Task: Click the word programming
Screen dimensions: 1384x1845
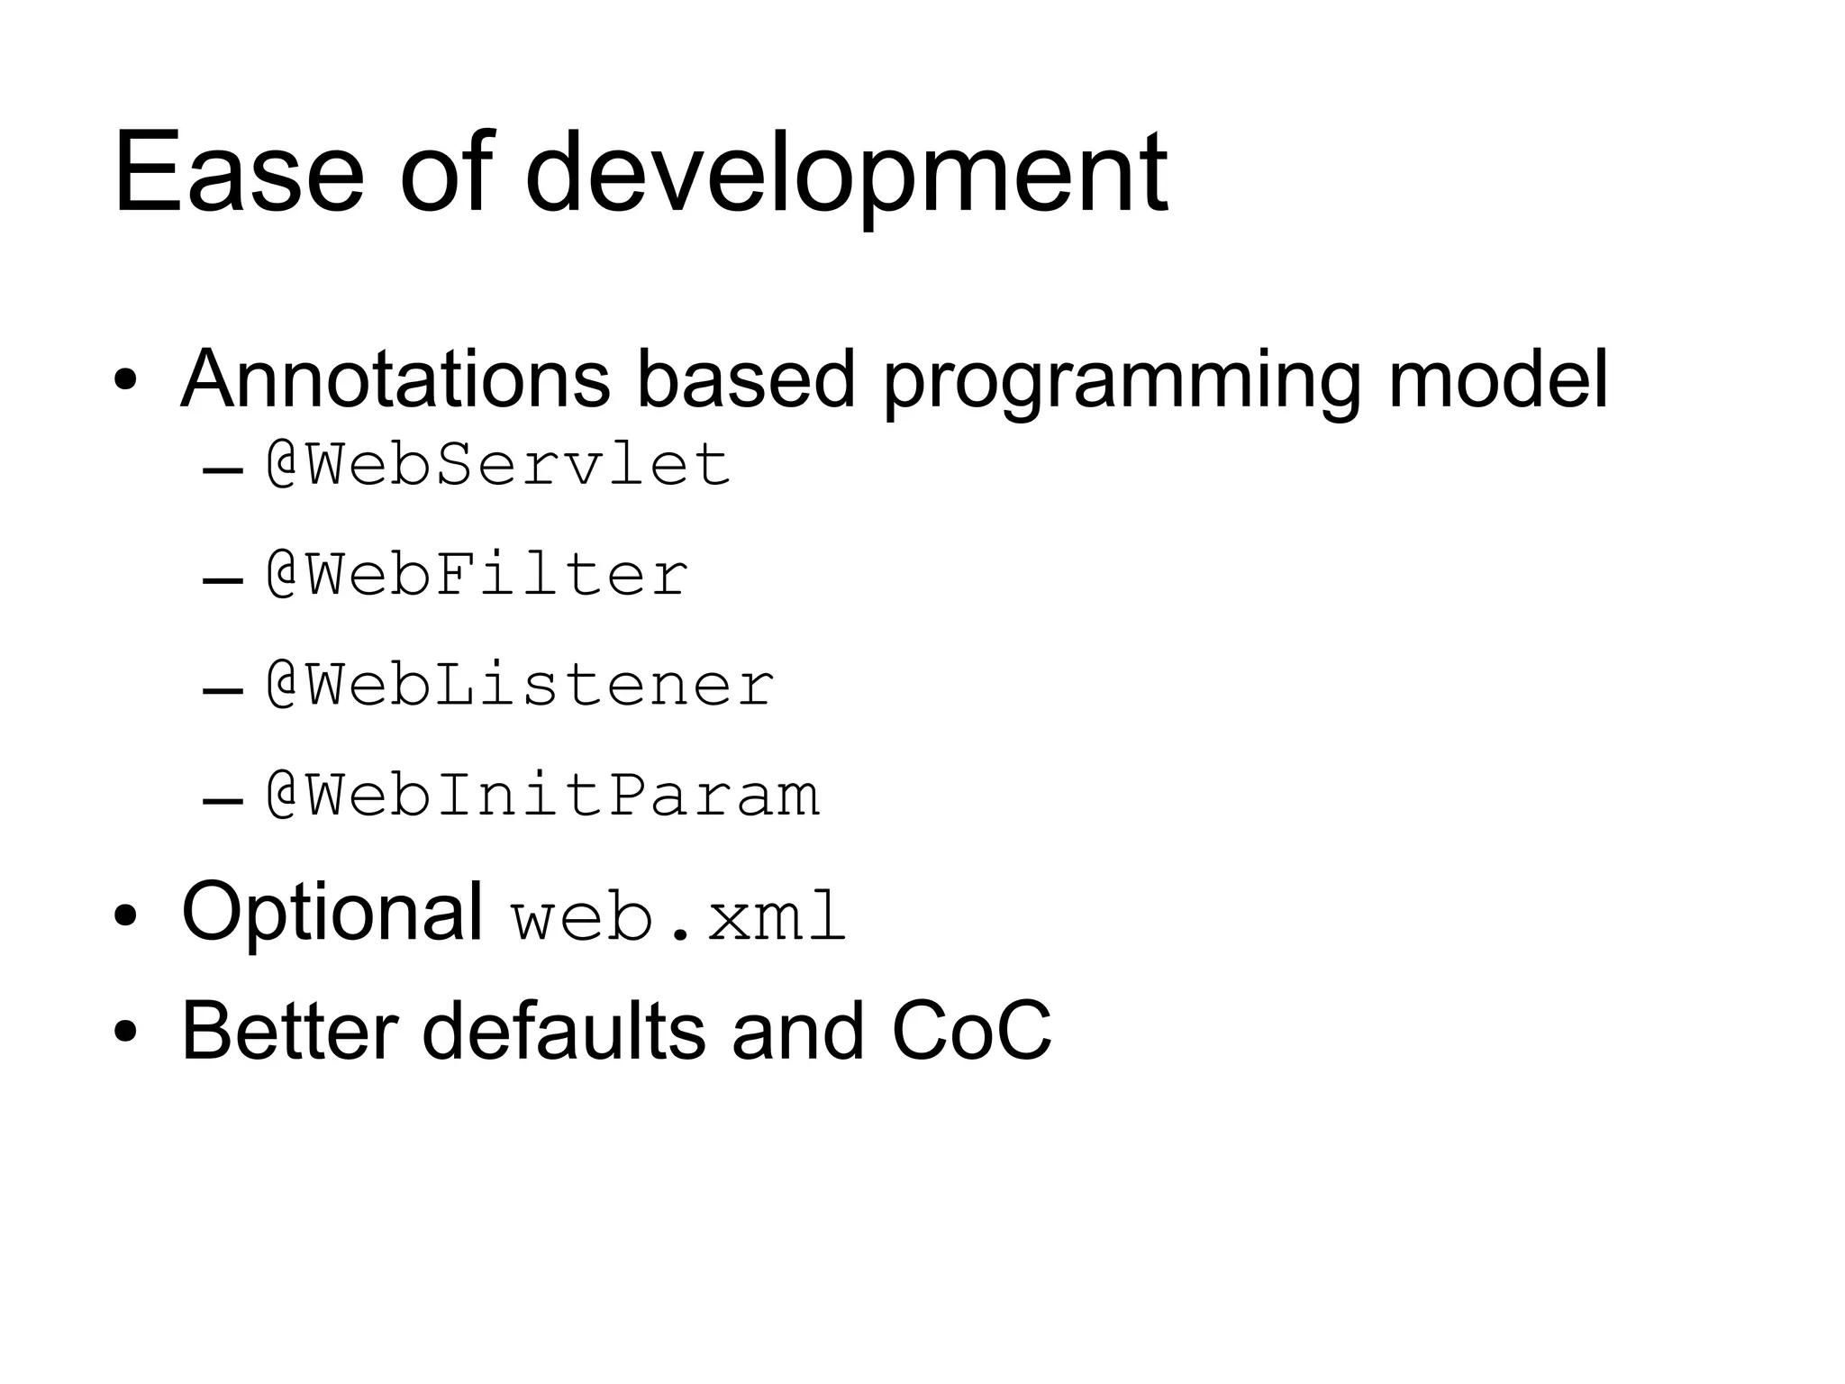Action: click(1121, 382)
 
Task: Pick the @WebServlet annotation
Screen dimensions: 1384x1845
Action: click(497, 465)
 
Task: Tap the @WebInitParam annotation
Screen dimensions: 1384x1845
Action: click(542, 796)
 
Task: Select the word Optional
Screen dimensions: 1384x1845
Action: click(332, 912)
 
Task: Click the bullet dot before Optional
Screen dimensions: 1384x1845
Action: click(125, 915)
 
